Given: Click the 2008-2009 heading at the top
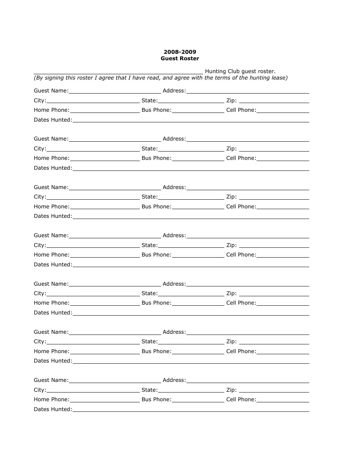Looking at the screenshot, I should pyautogui.click(x=180, y=52).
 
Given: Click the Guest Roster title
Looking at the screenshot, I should pyautogui.click(x=180, y=58).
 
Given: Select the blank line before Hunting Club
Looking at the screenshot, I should pyautogui.click(x=118, y=72).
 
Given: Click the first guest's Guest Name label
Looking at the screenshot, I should pyautogui.click(x=51, y=91).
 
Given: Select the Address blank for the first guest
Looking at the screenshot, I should pyautogui.click(x=248, y=91).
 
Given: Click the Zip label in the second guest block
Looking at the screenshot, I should pyautogui.click(x=232, y=149).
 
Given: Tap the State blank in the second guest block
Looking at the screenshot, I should pyautogui.click(x=191, y=149).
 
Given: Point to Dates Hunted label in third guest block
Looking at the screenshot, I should pyautogui.click(x=53, y=216).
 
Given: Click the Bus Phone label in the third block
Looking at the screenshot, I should pyautogui.click(x=157, y=206).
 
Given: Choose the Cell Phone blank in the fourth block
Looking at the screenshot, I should pyautogui.click(x=283, y=255).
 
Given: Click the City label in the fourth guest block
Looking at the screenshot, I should pyautogui.click(x=40, y=245).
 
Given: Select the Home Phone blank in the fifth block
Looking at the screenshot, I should pyautogui.click(x=105, y=303).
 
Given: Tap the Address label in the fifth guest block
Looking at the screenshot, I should pyautogui.click(x=174, y=284).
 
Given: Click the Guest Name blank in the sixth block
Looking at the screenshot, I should pyautogui.click(x=115, y=333).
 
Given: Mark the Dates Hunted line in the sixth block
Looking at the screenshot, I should pyautogui.click(x=191, y=361).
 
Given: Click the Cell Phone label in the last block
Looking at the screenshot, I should pyautogui.click(x=241, y=399).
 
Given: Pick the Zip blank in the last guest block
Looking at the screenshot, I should pyautogui.click(x=274, y=391).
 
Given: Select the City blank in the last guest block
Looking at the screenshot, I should pyautogui.click(x=93, y=391).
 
